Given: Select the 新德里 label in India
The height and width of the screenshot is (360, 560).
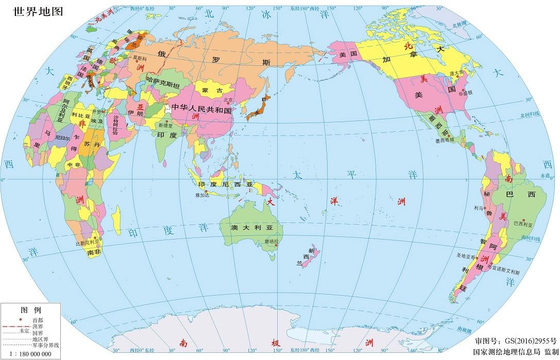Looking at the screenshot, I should click(166, 125).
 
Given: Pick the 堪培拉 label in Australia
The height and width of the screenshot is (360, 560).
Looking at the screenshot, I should click(271, 241).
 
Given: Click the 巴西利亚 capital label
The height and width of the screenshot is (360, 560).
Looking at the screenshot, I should click(524, 224).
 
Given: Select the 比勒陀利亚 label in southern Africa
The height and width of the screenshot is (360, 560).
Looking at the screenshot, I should click(88, 243).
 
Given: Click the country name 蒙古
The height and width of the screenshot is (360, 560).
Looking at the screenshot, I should click(212, 91).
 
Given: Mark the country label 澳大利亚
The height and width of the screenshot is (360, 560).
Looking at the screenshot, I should click(250, 228).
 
